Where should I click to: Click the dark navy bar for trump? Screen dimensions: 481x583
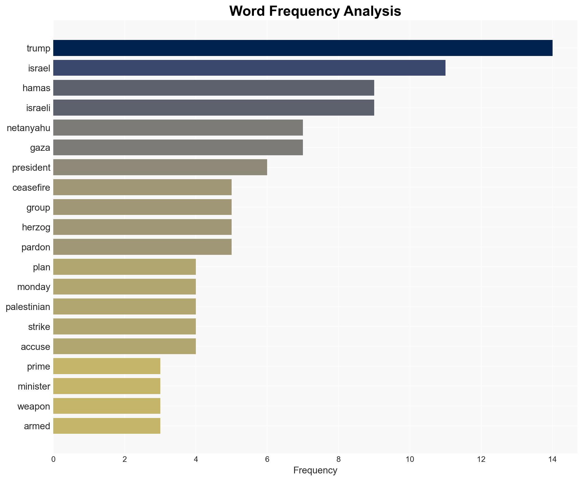(303, 48)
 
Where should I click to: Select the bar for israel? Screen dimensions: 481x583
(249, 68)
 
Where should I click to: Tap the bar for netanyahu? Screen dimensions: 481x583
(178, 127)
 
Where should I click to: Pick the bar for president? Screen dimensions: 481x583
(160, 167)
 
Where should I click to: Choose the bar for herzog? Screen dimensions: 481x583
(142, 227)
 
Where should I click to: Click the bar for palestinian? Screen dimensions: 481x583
(124, 307)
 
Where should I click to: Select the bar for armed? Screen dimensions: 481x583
(107, 426)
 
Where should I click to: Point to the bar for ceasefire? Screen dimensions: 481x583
(142, 187)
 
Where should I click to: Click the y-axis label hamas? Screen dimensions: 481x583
(36, 88)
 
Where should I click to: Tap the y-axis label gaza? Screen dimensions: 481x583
(40, 148)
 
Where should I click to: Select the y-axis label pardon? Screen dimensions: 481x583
(36, 247)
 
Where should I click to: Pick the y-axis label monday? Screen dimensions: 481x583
(34, 287)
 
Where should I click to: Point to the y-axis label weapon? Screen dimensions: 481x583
(34, 406)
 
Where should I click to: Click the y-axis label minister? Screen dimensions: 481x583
(34, 386)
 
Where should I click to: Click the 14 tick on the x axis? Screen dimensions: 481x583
(552, 459)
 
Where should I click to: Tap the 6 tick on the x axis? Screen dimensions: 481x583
(267, 459)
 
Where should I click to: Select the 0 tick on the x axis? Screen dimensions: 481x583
(53, 459)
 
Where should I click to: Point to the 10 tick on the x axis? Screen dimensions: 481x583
(410, 459)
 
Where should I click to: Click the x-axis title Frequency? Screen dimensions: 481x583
(315, 470)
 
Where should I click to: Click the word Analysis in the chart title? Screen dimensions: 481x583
(372, 11)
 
